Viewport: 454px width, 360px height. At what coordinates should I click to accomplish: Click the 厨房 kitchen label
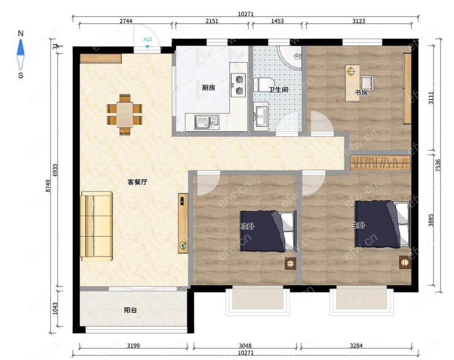point(208,88)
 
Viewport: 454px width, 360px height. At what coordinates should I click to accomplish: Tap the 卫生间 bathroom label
point(278,90)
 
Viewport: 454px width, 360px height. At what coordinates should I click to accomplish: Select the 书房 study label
point(361,93)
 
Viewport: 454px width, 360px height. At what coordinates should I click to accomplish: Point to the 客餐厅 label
point(138,182)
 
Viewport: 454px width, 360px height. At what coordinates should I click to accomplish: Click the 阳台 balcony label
point(130,310)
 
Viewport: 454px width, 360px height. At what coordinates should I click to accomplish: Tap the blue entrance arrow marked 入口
point(148,46)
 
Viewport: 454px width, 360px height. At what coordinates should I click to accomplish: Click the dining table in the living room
point(124,115)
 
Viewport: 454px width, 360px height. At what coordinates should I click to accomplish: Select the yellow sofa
point(96,226)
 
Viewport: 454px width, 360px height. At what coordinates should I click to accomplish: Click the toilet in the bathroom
point(262,84)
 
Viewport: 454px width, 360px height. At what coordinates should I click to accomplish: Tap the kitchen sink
point(207,122)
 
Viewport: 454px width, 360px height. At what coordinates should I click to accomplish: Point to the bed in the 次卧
point(268,231)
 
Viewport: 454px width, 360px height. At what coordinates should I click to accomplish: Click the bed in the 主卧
point(383,224)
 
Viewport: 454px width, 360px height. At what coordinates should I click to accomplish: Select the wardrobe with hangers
point(380,163)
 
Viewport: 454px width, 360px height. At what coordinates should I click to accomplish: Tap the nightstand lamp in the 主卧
point(405,262)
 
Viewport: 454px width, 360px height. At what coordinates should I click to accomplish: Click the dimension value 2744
point(126,21)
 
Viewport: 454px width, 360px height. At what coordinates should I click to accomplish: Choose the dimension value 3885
point(431,220)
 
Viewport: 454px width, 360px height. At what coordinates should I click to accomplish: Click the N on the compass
point(20,33)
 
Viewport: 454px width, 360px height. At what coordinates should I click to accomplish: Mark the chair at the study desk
point(367,83)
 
